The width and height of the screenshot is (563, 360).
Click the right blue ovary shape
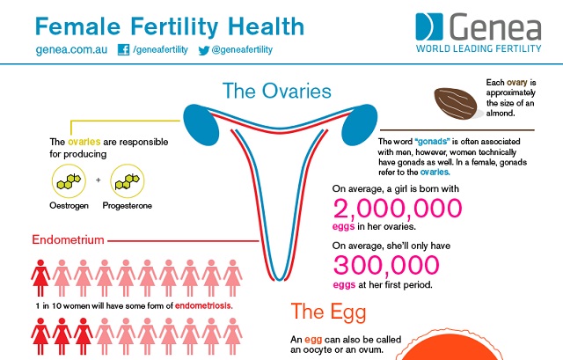click(x=358, y=124)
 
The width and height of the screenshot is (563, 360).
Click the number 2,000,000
click(x=397, y=209)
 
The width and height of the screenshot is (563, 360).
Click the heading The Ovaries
click(x=276, y=91)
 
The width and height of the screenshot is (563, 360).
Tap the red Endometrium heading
click(x=69, y=239)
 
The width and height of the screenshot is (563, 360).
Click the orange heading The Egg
click(x=328, y=312)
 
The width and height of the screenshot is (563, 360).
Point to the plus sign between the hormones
click(x=98, y=181)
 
